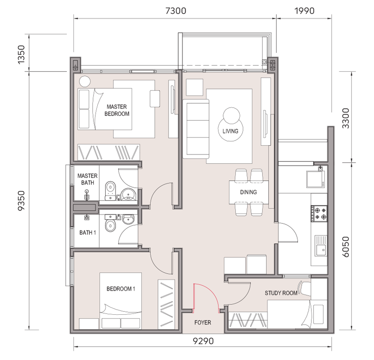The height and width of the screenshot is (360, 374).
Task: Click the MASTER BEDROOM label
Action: point(117,110)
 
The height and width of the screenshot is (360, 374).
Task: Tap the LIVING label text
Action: point(230,131)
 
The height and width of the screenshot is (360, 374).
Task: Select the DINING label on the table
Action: point(249,192)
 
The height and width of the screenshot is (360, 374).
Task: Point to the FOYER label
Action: point(203,323)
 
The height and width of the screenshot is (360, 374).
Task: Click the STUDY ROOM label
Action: point(281,293)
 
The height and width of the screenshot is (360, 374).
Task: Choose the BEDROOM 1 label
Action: point(121,289)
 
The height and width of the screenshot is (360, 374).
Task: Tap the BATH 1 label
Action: point(88,233)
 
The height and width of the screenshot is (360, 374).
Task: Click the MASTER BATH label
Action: point(88,179)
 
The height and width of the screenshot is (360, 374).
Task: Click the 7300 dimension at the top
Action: point(176,11)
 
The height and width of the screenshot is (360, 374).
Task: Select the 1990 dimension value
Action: point(304,11)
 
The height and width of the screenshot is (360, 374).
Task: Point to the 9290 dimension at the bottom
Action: point(203,341)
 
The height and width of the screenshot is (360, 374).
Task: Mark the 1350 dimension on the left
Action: point(21,54)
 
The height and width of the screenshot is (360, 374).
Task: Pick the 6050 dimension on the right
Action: point(346,247)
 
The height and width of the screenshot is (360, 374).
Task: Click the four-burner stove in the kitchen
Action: point(319,213)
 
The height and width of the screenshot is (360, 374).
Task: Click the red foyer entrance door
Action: point(206,298)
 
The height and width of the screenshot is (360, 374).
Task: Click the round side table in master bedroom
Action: point(85,81)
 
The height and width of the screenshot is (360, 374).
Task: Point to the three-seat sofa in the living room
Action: point(196,129)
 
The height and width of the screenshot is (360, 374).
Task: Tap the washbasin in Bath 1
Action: point(128,219)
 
